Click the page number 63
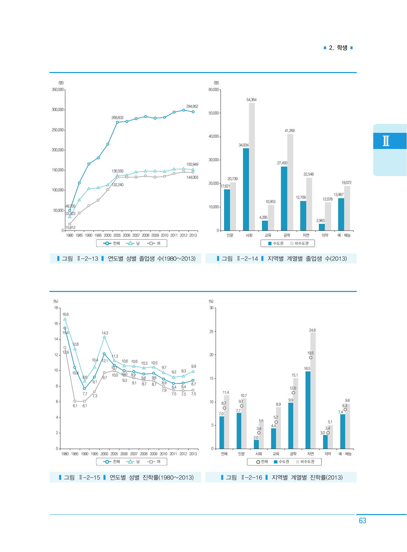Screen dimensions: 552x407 pyautogui.click(x=362, y=521)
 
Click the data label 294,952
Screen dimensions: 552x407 pyautogui.click(x=192, y=106)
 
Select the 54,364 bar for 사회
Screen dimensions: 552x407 pyautogui.click(x=252, y=167)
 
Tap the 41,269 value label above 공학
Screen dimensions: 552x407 pyautogui.click(x=290, y=131)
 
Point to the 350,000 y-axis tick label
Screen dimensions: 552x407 pyautogui.click(x=58, y=90)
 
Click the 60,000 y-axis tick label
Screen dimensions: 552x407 pyautogui.click(x=214, y=90)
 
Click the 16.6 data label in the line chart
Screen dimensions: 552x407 pyautogui.click(x=66, y=314)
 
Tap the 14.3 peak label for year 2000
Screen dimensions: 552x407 pyautogui.click(x=105, y=333)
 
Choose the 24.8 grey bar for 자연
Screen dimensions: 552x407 pyautogui.click(x=313, y=390)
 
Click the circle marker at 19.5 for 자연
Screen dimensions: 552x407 pyautogui.click(x=310, y=358)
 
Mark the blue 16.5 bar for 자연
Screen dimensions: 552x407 pyautogui.click(x=308, y=410)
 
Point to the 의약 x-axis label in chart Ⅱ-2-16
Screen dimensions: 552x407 pyautogui.click(x=328, y=454)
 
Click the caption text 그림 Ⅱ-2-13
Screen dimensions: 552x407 pyautogui.click(x=80, y=259)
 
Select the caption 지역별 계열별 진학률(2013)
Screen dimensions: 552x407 pyautogui.click(x=307, y=478)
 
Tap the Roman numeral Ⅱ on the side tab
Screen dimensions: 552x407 pyautogui.click(x=386, y=141)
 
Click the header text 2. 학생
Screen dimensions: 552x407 pyautogui.click(x=338, y=48)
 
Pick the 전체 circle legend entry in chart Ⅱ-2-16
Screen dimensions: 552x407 pyautogui.click(x=262, y=462)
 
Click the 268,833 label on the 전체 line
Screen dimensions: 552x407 pyautogui.click(x=117, y=118)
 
